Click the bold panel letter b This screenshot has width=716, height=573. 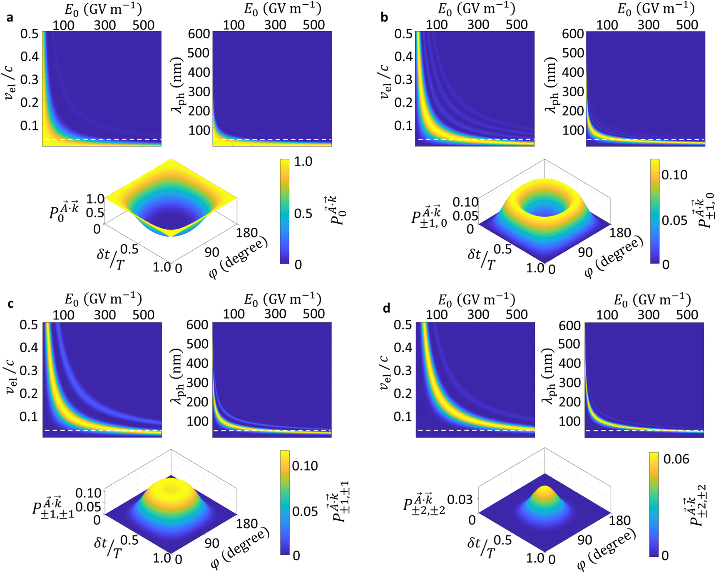pyautogui.click(x=385, y=17)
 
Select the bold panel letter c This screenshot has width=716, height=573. pyautogui.click(x=10, y=304)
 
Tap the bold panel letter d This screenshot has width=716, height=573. pyautogui.click(x=386, y=309)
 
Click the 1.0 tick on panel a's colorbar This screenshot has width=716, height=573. pyautogui.click(x=303, y=162)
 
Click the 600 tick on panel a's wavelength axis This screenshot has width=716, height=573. pyautogui.click(x=199, y=34)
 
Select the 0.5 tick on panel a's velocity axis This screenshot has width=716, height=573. pyautogui.click(x=29, y=33)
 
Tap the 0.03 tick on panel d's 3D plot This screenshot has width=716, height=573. pyautogui.click(x=460, y=499)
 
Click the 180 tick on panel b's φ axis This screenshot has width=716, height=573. pyautogui.click(x=621, y=233)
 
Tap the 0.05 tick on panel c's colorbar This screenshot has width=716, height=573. pyautogui.click(x=305, y=511)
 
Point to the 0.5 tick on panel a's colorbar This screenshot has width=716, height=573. pyautogui.click(x=303, y=213)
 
